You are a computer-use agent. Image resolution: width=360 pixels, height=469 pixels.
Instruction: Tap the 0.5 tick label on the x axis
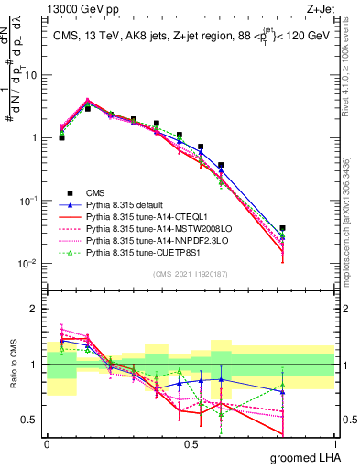point(191,444)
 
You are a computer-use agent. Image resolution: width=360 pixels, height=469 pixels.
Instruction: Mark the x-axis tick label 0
point(47,444)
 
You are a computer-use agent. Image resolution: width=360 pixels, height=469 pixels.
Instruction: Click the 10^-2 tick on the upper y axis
point(28,264)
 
